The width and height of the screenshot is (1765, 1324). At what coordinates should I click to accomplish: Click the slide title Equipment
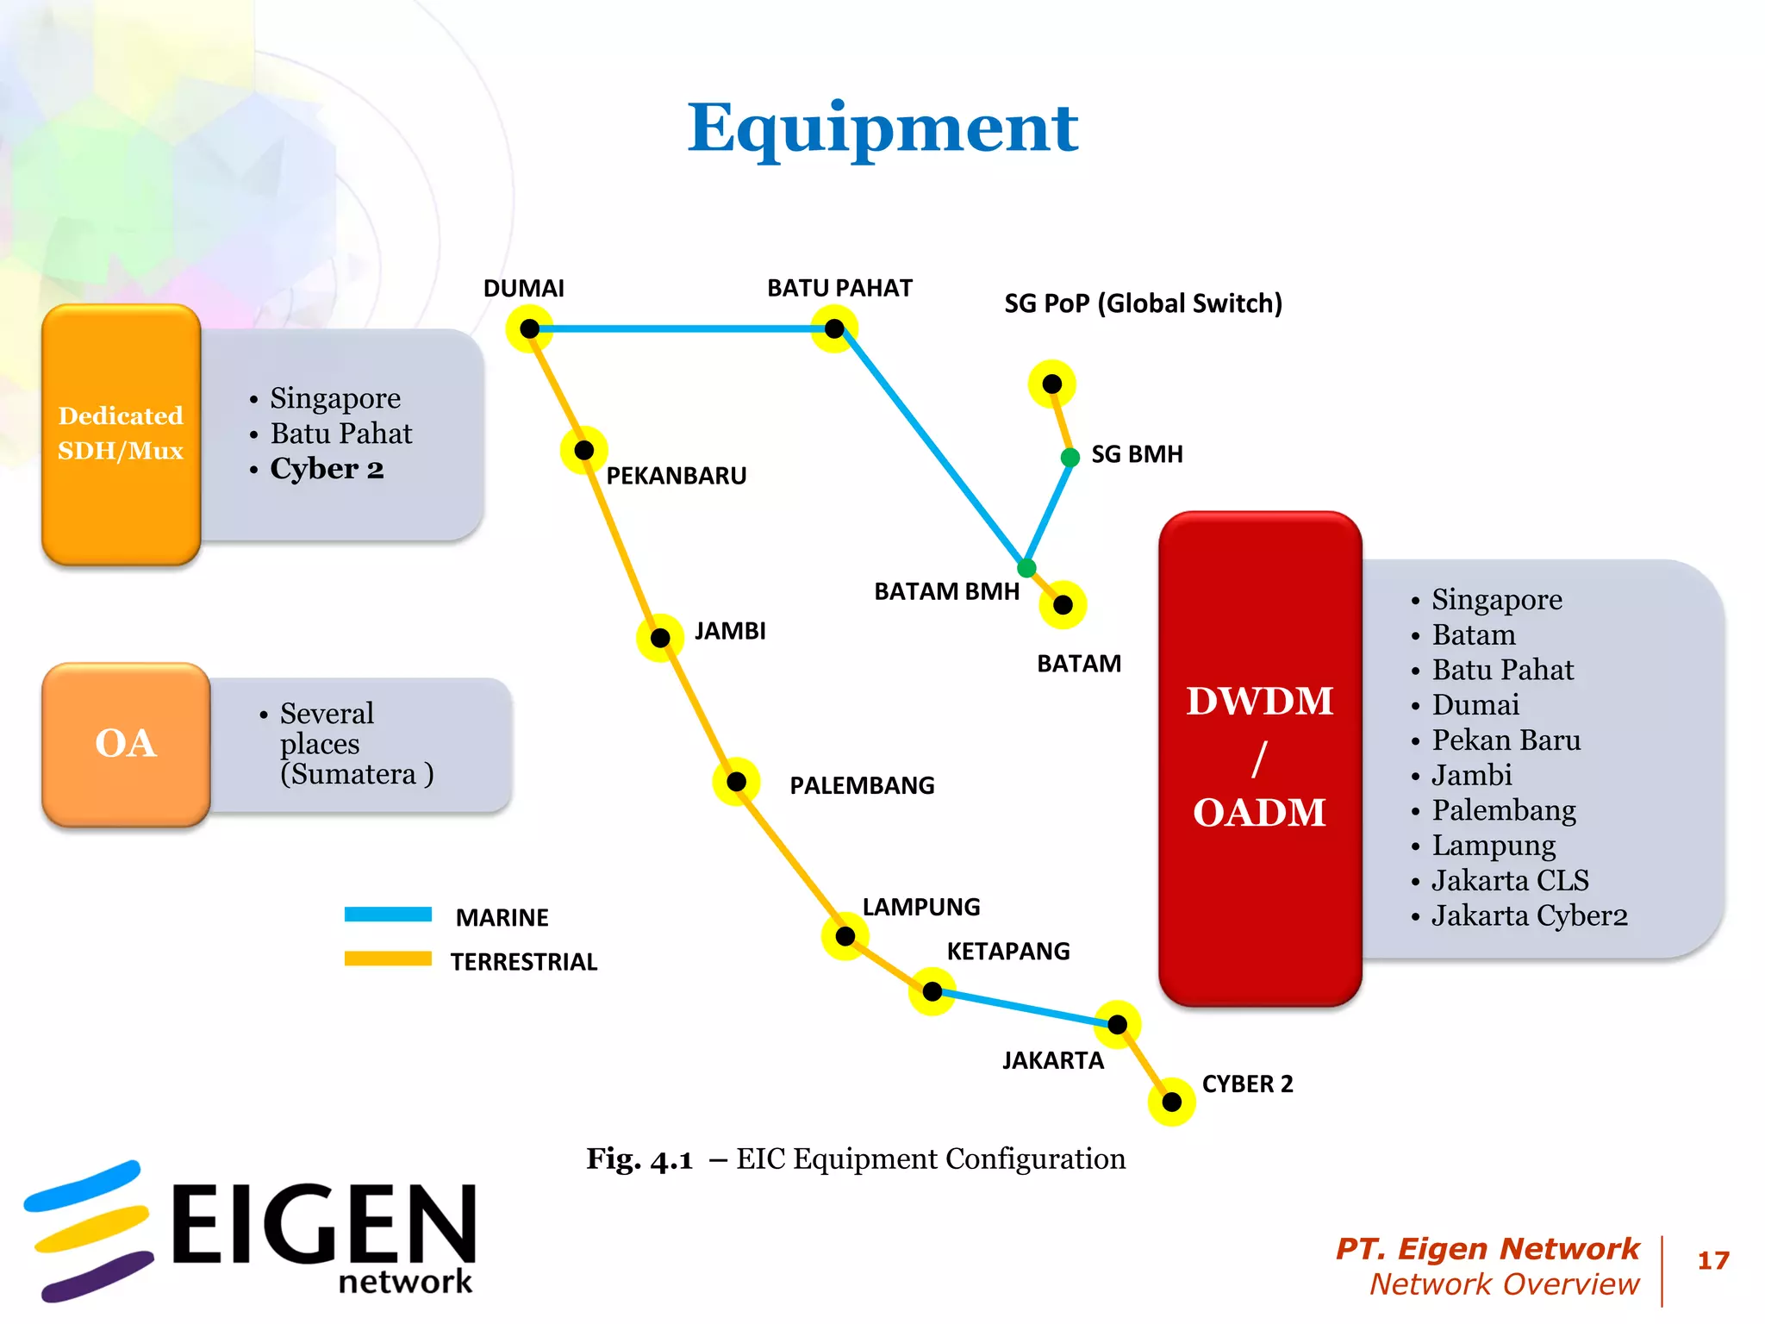[882, 128]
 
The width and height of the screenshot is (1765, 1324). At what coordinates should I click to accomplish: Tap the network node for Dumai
[529, 328]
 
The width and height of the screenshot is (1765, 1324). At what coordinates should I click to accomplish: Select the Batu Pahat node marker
[834, 328]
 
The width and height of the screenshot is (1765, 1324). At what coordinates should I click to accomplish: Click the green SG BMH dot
[1070, 457]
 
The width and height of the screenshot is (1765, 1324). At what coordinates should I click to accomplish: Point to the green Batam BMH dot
[1026, 568]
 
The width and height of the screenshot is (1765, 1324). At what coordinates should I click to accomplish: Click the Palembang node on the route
[736, 782]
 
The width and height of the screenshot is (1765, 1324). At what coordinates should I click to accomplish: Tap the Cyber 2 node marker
[1171, 1102]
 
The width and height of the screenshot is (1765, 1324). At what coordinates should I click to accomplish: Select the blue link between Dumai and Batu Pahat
[681, 328]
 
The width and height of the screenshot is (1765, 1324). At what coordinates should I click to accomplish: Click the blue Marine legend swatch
[388, 915]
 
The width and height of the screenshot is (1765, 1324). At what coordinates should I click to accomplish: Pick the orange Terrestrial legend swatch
[388, 959]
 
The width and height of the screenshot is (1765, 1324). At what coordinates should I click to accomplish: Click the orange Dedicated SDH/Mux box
[121, 434]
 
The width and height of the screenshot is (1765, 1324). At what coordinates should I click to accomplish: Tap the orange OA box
[126, 744]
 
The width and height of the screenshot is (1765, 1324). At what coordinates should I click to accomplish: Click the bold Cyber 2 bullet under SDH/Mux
[327, 469]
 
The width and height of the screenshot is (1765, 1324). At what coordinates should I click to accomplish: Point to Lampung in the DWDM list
[1494, 846]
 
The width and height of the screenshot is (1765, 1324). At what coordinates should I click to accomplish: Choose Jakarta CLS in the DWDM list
[1510, 881]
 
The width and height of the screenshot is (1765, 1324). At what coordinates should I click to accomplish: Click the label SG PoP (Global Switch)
[1143, 303]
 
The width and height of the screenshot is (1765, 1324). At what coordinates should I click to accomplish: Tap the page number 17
[1712, 1261]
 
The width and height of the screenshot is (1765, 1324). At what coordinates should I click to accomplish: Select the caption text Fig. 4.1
[639, 1159]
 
